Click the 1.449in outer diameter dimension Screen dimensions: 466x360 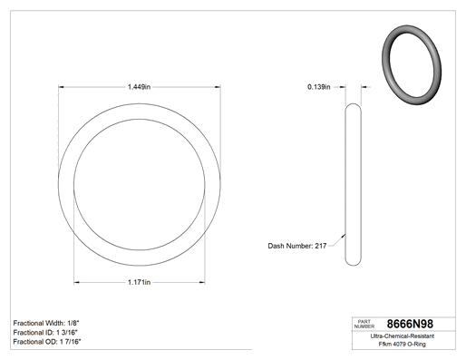(139, 87)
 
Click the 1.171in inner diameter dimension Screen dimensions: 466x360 (139, 282)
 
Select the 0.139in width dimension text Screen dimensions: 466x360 (319, 87)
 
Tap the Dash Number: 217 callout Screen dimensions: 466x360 (297, 246)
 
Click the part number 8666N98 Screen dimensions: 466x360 (410, 324)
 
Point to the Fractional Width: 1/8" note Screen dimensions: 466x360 (46, 323)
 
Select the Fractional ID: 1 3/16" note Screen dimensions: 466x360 (45, 333)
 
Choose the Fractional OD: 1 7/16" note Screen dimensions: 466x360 (47, 342)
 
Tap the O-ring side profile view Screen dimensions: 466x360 (345, 184)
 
